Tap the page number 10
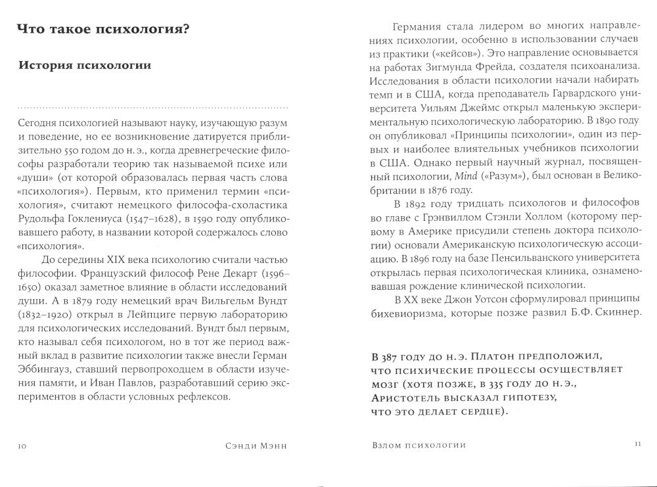[x=21, y=446]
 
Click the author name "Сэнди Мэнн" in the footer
[x=252, y=446]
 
